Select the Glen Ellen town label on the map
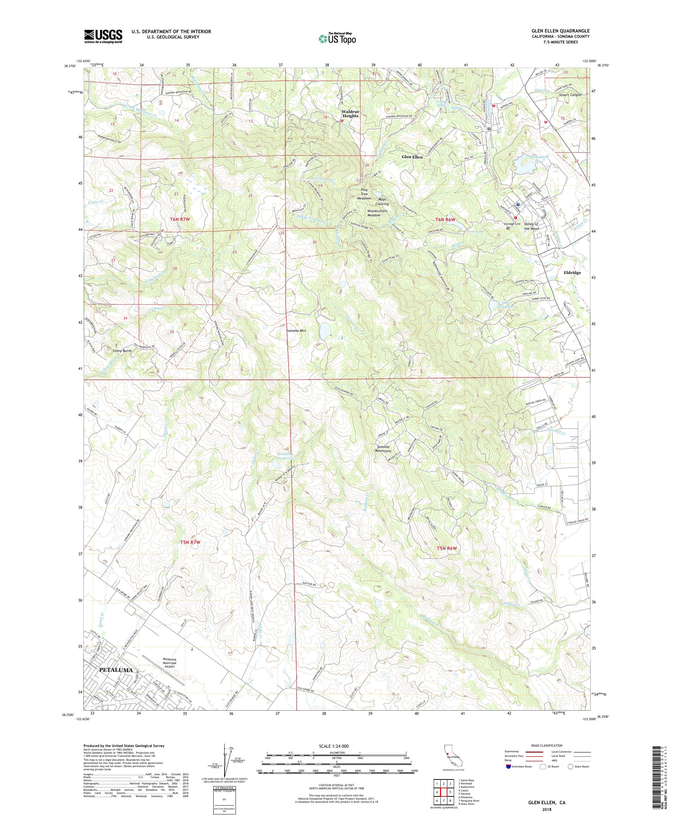click(x=412, y=157)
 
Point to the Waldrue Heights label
click(x=351, y=113)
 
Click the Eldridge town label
click(x=572, y=273)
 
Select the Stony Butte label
click(x=122, y=351)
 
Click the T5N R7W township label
click(x=190, y=542)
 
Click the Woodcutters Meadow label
click(x=377, y=213)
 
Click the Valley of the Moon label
click(x=531, y=226)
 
